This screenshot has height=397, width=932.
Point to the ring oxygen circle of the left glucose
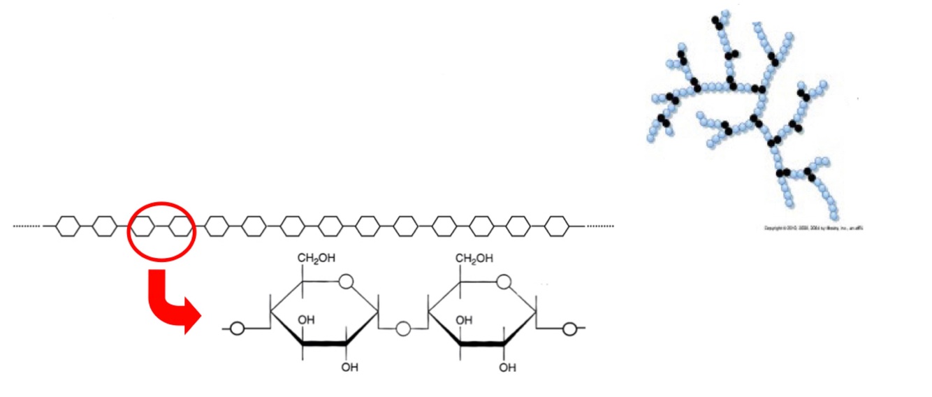click(345, 282)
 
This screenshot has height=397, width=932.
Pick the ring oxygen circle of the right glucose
click(503, 282)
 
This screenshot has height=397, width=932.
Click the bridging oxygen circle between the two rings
click(402, 328)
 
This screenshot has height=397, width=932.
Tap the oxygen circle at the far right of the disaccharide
click(569, 328)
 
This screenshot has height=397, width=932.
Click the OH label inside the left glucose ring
click(306, 320)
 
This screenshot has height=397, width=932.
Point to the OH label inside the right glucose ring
click(464, 320)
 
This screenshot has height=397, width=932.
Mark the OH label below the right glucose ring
click(508, 366)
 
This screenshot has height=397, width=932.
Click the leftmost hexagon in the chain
click(67, 226)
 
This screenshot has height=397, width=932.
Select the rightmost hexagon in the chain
click(556, 226)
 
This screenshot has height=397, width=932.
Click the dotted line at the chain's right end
click(600, 226)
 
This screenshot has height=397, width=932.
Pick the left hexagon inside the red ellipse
click(143, 226)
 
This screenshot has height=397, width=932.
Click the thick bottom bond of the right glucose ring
click(483, 344)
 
